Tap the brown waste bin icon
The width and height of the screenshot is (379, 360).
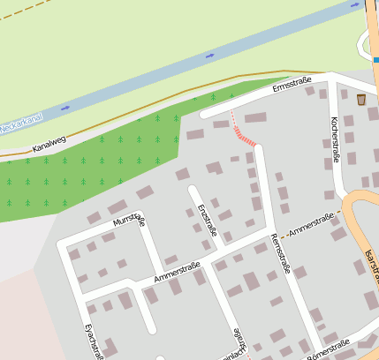click(361, 100)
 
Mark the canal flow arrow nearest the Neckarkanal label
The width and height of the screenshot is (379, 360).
click(66, 107)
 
